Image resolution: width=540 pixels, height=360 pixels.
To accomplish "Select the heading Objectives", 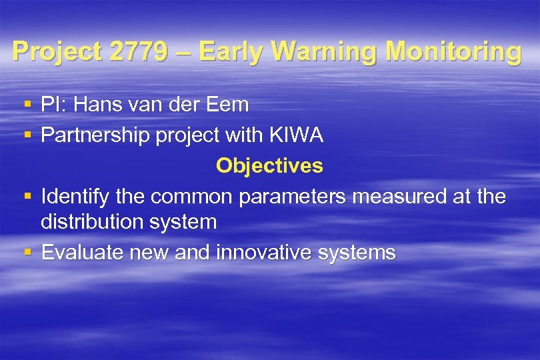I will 269,165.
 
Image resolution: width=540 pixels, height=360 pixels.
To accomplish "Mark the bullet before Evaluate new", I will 27,253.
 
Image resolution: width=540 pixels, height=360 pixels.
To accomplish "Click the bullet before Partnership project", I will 27,135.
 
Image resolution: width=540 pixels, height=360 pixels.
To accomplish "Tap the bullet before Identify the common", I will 27,197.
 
